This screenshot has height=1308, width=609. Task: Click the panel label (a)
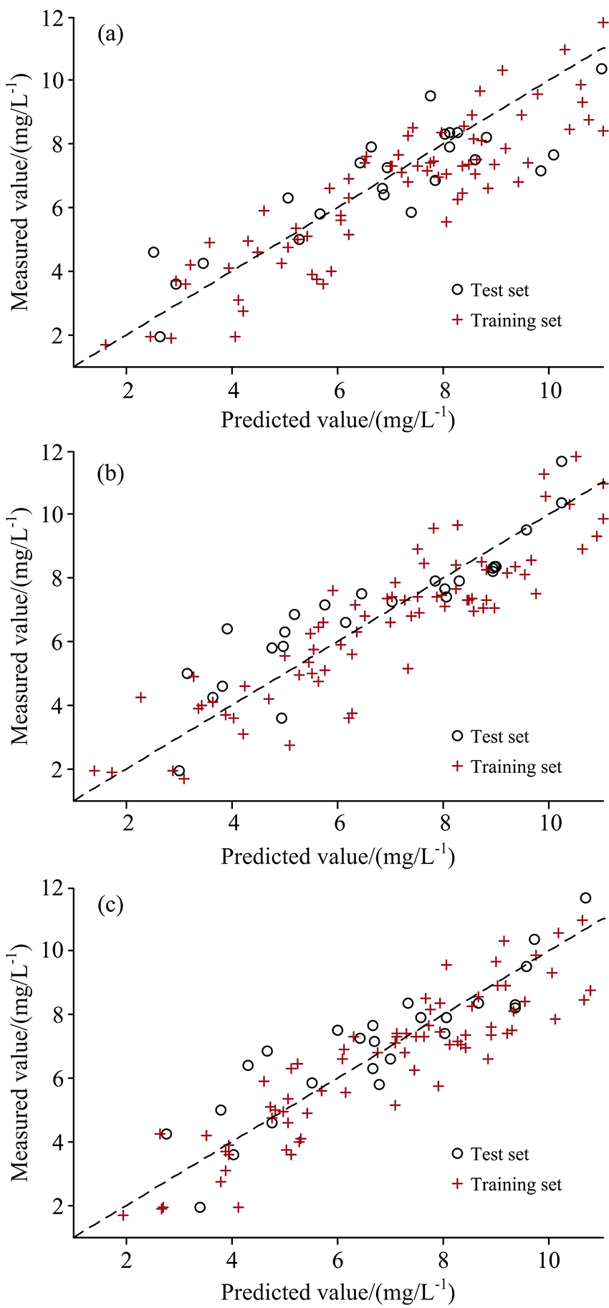tap(111, 34)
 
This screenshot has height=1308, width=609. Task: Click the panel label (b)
tap(112, 473)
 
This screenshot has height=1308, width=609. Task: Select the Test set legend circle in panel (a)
tap(458, 289)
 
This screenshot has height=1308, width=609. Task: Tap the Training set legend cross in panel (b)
tap(458, 766)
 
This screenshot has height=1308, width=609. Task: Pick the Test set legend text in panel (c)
tap(499, 1154)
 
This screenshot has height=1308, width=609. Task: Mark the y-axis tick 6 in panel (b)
tap(59, 642)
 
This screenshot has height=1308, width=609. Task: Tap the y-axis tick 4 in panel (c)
tap(59, 1142)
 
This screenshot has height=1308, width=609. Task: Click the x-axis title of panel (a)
tap(337, 420)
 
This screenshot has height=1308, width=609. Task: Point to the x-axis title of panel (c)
tap(337, 1292)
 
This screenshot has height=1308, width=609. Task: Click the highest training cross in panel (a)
tap(603, 22)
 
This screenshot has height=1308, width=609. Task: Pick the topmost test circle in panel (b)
tap(562, 461)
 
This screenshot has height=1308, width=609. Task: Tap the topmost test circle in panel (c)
tap(585, 898)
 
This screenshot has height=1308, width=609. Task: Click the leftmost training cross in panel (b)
tap(95, 770)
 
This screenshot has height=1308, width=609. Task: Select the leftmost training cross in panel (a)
tap(106, 345)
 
